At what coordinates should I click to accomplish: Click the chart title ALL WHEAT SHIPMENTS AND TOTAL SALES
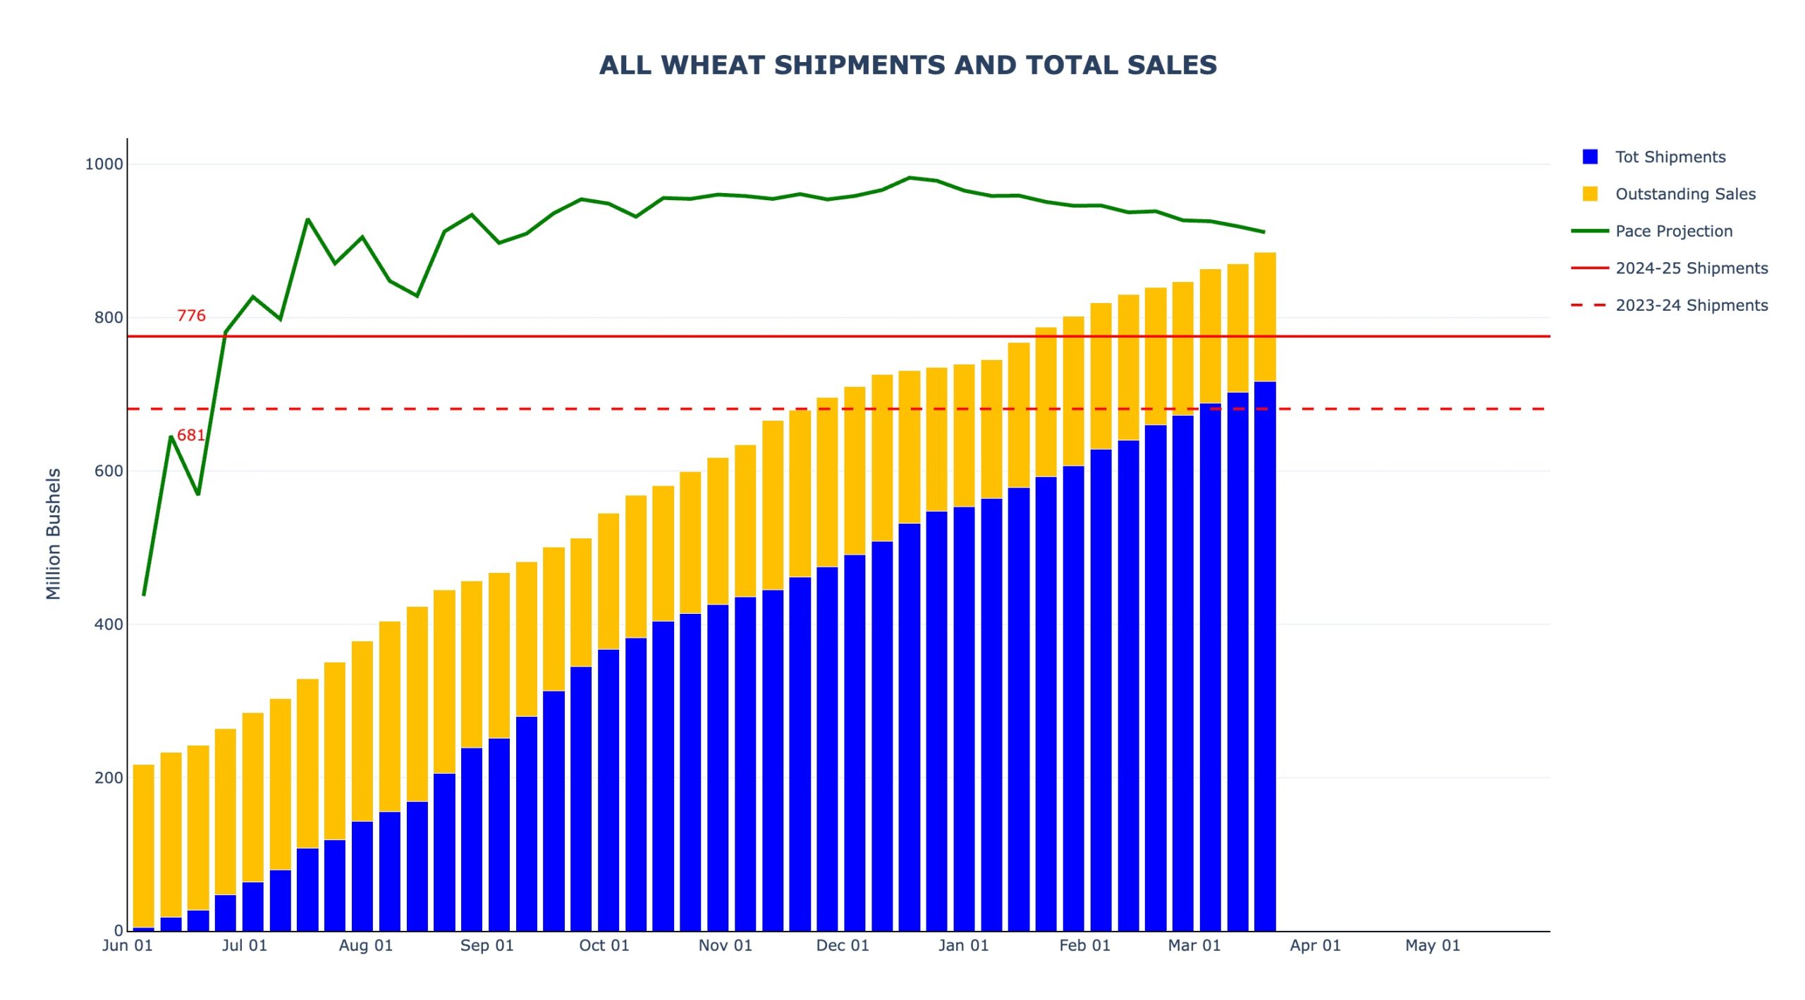[x=907, y=65]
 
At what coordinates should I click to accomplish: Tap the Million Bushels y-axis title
[x=54, y=533]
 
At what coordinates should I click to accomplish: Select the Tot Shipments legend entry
[x=1670, y=156]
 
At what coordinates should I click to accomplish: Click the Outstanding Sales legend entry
[x=1684, y=194]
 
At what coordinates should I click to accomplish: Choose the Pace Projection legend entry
[x=1673, y=231]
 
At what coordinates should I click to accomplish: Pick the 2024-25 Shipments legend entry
[x=1691, y=268]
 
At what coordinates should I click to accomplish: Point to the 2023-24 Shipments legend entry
[x=1691, y=305]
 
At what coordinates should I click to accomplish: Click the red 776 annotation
[x=191, y=316]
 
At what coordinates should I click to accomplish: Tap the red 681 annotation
[x=191, y=435]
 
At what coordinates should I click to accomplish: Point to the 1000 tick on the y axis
[x=104, y=164]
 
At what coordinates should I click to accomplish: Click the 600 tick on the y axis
[x=109, y=471]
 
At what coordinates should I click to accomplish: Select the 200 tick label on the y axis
[x=109, y=777]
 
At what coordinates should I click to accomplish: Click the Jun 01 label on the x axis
[x=128, y=945]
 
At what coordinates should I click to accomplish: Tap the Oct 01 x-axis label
[x=604, y=945]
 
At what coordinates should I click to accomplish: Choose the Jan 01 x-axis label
[x=963, y=945]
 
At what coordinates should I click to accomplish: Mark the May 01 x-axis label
[x=1432, y=945]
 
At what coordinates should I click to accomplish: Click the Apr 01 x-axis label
[x=1315, y=945]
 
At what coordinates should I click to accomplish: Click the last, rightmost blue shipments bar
[x=1265, y=655]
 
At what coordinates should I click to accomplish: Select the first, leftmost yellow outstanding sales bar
[x=144, y=846]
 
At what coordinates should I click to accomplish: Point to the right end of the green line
[x=1263, y=232]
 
